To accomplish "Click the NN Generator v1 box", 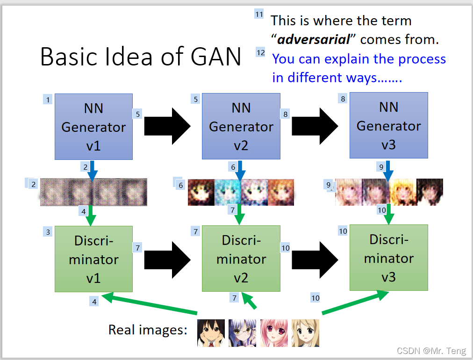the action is (x=93, y=127).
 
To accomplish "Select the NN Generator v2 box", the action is (x=241, y=127).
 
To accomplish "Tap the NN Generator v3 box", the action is (x=388, y=126).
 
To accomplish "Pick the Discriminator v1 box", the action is (x=93, y=259).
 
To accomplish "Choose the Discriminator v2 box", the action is (x=241, y=259).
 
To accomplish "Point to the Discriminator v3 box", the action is (x=388, y=258).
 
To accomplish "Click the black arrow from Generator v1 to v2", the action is (x=167, y=126).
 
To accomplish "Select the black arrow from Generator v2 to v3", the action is (x=315, y=126).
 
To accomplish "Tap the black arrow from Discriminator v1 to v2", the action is (x=167, y=258).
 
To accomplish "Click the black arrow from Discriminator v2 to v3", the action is (x=315, y=258).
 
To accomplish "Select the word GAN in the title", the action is (x=216, y=57).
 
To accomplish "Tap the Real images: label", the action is (x=148, y=330).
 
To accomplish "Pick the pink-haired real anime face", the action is (x=274, y=333).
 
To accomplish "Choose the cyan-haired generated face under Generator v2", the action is (x=228, y=192).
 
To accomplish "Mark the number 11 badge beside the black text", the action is (x=259, y=14).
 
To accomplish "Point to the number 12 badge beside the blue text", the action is (x=260, y=52).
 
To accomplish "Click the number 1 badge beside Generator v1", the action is (x=47, y=99).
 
